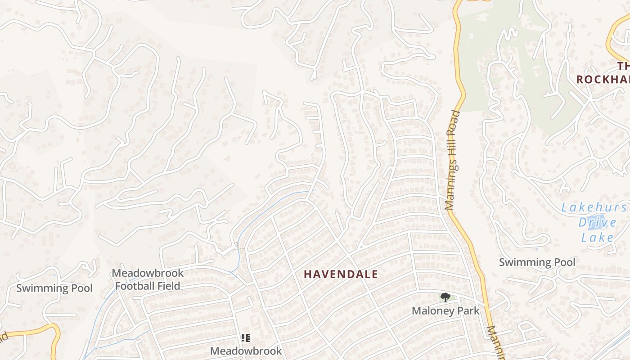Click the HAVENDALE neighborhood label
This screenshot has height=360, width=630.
(341, 274)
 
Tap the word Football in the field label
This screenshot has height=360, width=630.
(135, 286)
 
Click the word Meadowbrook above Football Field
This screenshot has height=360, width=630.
(148, 273)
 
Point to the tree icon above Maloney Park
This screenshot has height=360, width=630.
(445, 297)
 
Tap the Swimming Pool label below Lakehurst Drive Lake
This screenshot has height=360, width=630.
(537, 262)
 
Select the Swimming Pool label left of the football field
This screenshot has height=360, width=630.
(54, 288)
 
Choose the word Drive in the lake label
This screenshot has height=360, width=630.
(597, 222)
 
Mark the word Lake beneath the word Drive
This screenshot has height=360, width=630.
(597, 237)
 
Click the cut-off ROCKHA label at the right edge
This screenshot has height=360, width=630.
(603, 80)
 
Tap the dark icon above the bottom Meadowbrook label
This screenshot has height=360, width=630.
(245, 337)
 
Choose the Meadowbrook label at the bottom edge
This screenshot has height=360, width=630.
(246, 351)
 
